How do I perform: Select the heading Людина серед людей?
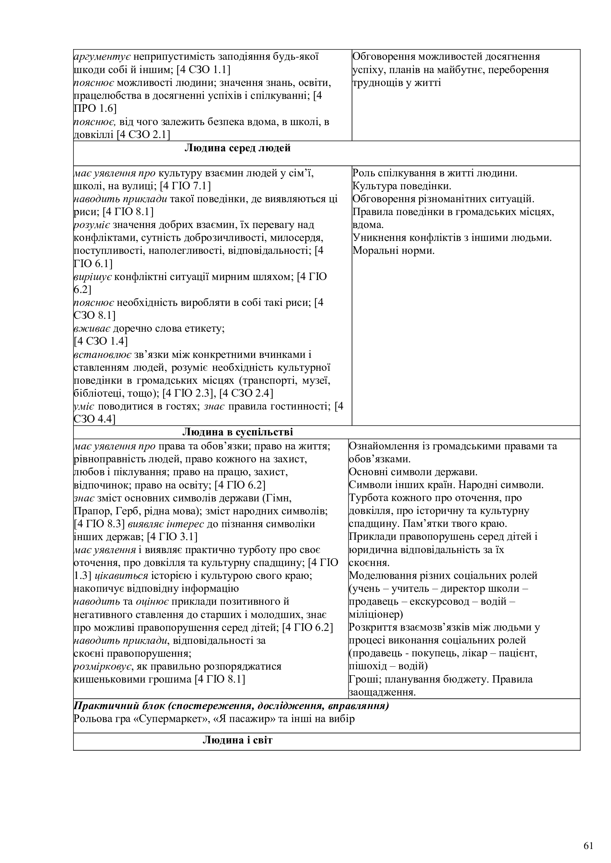click(238, 148)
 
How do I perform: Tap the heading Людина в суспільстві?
click(238, 432)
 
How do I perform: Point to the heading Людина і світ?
click(238, 740)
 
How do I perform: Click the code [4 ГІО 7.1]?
click(185, 186)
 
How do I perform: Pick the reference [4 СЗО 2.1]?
click(143, 134)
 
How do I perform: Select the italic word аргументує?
click(102, 57)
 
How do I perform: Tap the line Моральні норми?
click(393, 251)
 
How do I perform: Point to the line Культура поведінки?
click(402, 186)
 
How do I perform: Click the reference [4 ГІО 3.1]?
click(172, 537)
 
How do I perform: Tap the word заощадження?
click(382, 692)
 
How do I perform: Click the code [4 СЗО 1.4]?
click(101, 341)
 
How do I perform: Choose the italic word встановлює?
click(102, 355)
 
